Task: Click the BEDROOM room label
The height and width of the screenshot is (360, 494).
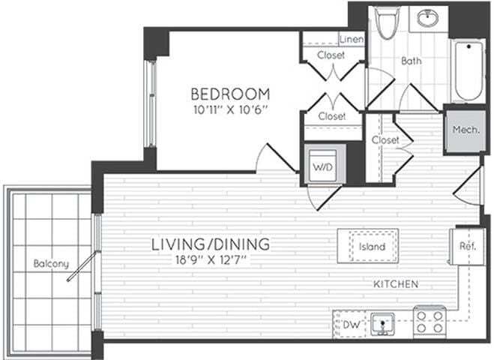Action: pyautogui.click(x=229, y=94)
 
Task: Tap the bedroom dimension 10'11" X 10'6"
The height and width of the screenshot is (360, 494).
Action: pyautogui.click(x=229, y=110)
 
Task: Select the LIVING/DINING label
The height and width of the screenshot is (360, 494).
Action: pyautogui.click(x=211, y=244)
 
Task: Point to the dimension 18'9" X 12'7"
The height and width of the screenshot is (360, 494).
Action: pyautogui.click(x=211, y=260)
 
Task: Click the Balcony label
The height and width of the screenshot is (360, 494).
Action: pyautogui.click(x=51, y=263)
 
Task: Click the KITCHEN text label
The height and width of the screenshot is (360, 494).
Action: pyautogui.click(x=396, y=284)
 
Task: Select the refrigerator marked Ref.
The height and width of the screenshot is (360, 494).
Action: pyautogui.click(x=468, y=245)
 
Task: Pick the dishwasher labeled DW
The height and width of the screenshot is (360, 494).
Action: pyautogui.click(x=350, y=324)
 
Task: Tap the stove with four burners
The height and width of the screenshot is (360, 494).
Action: pyautogui.click(x=430, y=322)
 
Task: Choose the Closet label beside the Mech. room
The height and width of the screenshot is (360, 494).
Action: pyautogui.click(x=385, y=140)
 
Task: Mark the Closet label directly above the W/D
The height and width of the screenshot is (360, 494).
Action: pyautogui.click(x=331, y=116)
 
